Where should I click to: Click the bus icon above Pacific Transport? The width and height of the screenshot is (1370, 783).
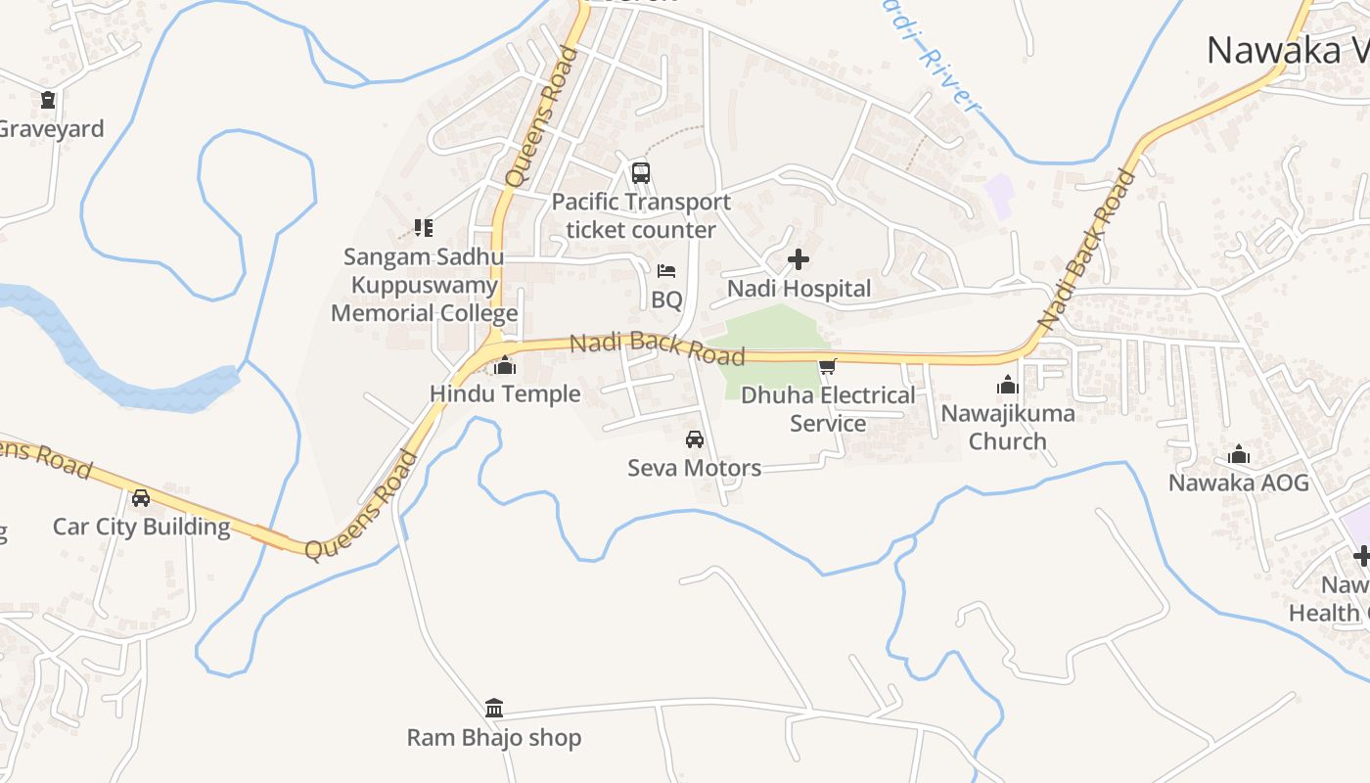641,173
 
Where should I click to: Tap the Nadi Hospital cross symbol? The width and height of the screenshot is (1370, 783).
799,259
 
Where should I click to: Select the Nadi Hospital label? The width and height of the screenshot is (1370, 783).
799,289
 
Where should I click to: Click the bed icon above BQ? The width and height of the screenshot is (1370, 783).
666,271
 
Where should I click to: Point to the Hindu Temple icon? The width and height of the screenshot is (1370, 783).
505,366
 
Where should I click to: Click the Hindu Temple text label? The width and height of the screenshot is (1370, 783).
505,393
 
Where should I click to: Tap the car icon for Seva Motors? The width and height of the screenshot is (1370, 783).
695,439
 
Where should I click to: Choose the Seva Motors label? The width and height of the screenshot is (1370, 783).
695,468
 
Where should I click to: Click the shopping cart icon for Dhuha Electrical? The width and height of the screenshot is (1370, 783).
828,367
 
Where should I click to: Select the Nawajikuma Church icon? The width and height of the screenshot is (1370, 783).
1008,385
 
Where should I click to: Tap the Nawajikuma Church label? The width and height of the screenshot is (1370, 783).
1008,427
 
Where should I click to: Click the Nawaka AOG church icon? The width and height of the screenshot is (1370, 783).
1239,454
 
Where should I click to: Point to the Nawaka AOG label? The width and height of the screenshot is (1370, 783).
1239,483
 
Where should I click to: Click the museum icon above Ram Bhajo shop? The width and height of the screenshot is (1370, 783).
494,708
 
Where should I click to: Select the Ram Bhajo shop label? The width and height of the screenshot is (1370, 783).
494,737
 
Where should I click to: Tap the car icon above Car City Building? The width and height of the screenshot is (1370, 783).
141,498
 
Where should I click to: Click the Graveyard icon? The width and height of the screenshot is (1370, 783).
48,100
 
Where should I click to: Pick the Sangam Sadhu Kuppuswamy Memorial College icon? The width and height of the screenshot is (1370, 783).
424,228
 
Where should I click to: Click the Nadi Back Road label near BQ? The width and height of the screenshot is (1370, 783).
657,347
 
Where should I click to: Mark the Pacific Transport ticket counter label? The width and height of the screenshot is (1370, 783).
641,215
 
